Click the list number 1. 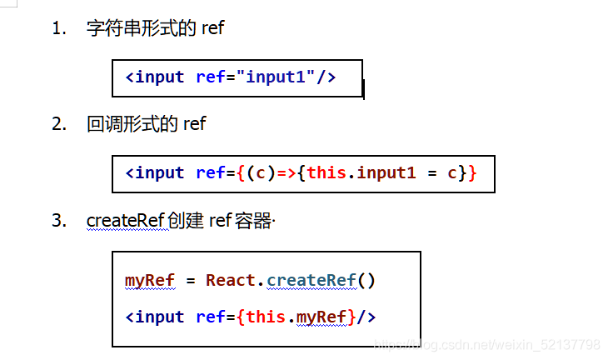pyautogui.click(x=59, y=28)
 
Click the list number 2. pyautogui.click(x=59, y=124)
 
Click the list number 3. pyautogui.click(x=59, y=220)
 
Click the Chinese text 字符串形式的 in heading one pyautogui.click(x=141, y=28)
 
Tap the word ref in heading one pyautogui.click(x=213, y=28)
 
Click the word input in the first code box pyautogui.click(x=159, y=77)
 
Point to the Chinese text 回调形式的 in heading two pyautogui.click(x=132, y=124)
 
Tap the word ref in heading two pyautogui.click(x=195, y=124)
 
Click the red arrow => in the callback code pyautogui.click(x=287, y=173)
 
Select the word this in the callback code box pyautogui.click(x=326, y=172)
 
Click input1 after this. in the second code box pyautogui.click(x=386, y=172)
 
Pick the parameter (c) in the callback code pyautogui.click(x=261, y=173)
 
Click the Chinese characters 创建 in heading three pyautogui.click(x=186, y=220)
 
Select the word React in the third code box pyautogui.click(x=231, y=280)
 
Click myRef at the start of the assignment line pyautogui.click(x=150, y=281)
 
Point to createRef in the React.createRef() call pyautogui.click(x=311, y=280)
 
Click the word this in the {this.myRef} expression pyautogui.click(x=266, y=317)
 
